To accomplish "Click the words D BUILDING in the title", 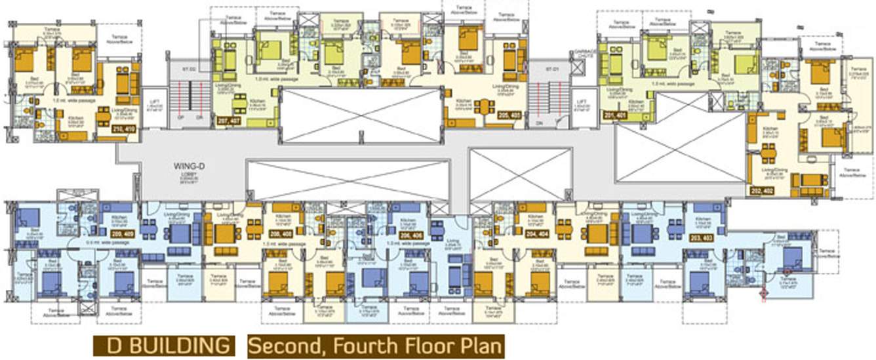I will (x=163, y=345).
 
